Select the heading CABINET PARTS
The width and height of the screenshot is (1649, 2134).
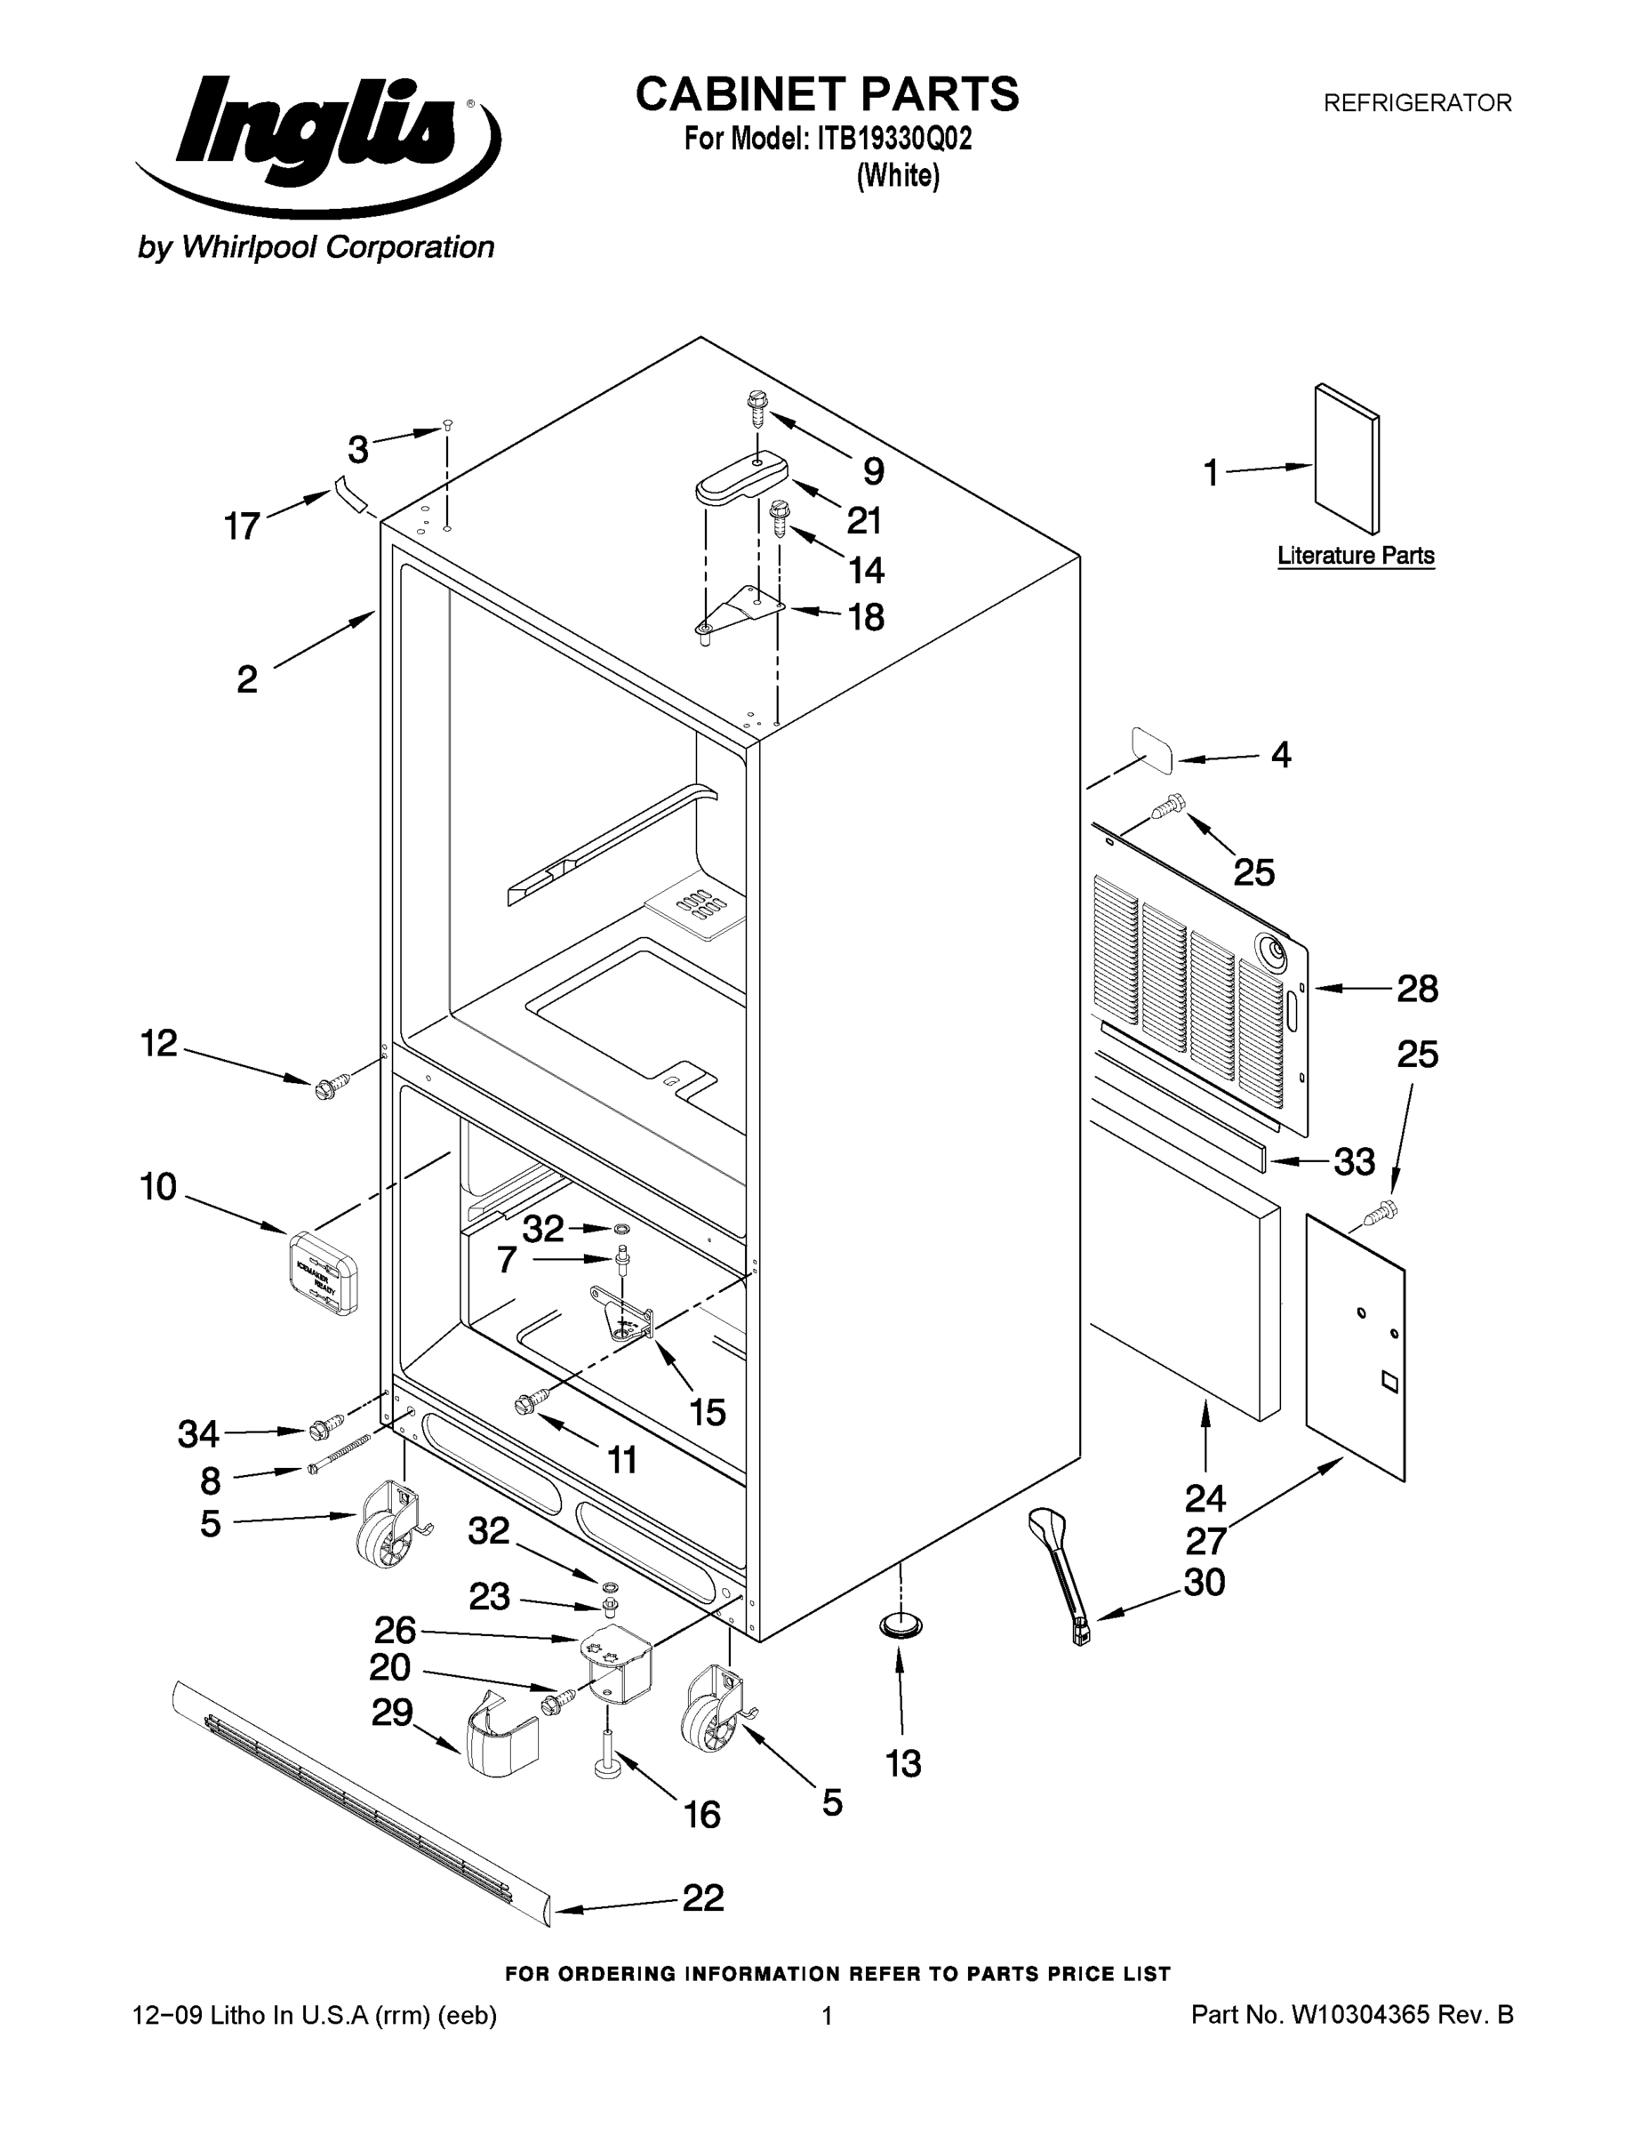tap(827, 95)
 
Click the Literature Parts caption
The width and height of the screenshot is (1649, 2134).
tap(1355, 556)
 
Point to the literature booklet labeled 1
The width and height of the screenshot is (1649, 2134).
tap(1346, 459)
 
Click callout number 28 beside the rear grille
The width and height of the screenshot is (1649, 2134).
tap(1416, 989)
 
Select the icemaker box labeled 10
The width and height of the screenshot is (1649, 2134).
tap(324, 1272)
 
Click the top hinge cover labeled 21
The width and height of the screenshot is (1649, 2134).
tap(742, 477)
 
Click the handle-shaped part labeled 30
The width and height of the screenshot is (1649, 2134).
tap(1061, 1573)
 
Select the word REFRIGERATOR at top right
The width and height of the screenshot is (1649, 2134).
tap(1416, 102)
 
